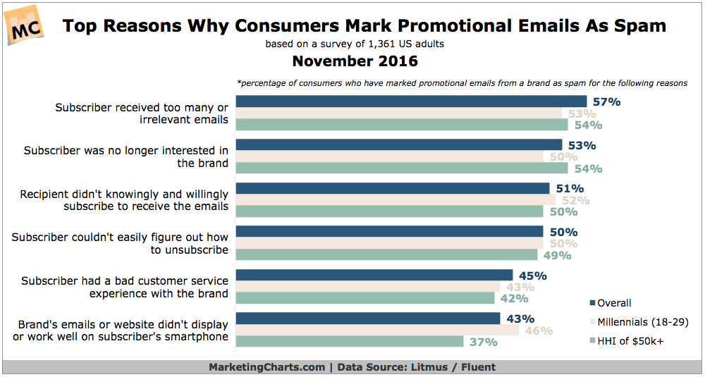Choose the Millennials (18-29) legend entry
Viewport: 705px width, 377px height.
coord(637,322)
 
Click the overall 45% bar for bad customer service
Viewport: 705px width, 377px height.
coord(374,275)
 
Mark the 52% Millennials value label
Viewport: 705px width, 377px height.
coord(575,200)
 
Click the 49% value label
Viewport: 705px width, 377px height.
coord(556,255)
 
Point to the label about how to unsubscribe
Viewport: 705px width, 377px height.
coord(120,243)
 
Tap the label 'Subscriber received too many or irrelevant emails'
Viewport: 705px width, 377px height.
coord(142,113)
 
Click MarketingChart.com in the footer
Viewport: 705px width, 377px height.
coord(266,367)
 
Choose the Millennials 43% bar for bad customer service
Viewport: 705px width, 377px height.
coord(367,287)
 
